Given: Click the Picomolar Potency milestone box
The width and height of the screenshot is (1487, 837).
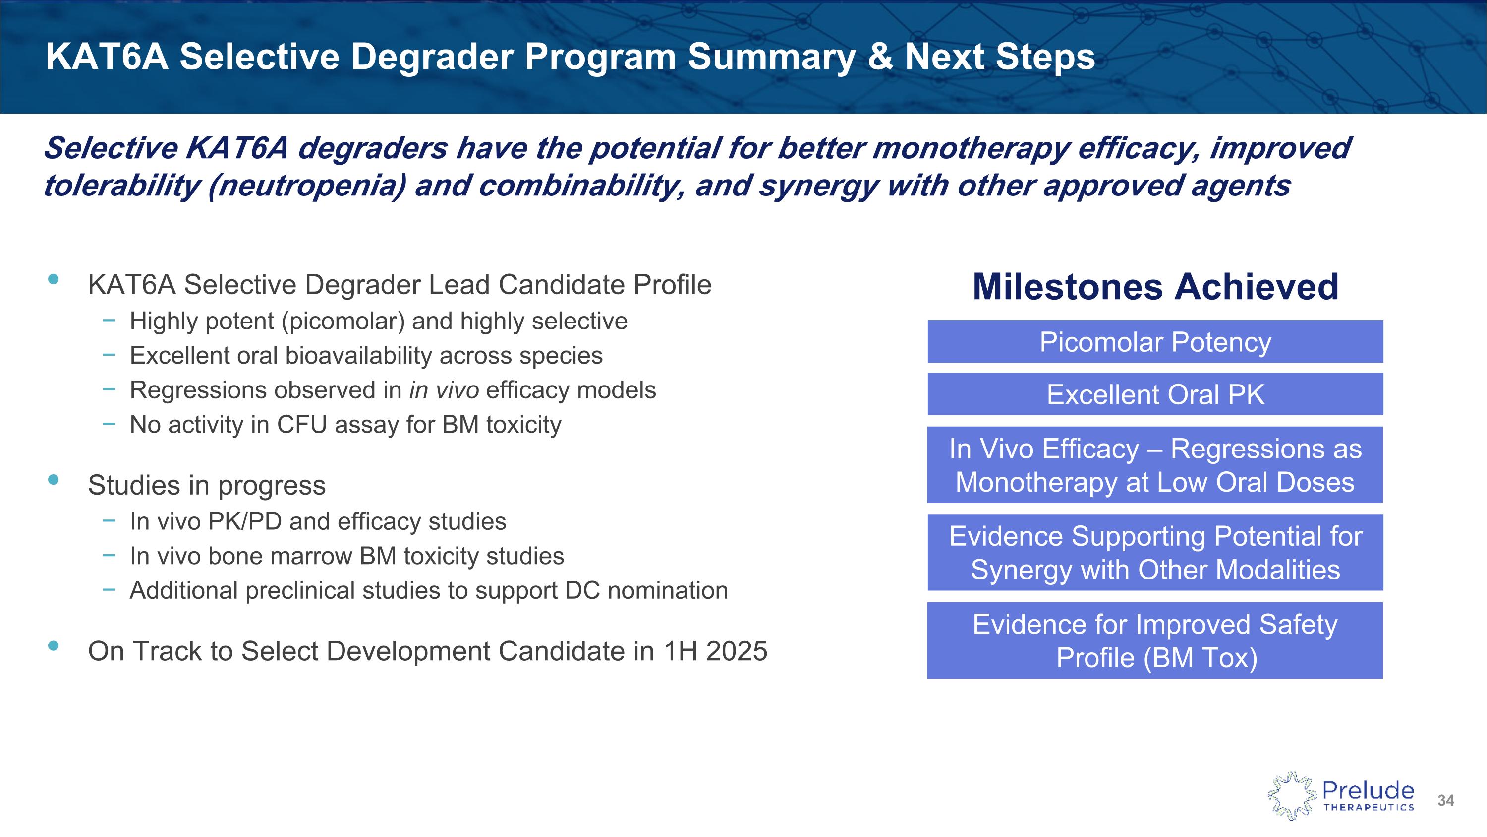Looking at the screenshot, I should [x=1155, y=342].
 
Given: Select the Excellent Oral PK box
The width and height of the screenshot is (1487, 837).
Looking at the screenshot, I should [x=1155, y=394].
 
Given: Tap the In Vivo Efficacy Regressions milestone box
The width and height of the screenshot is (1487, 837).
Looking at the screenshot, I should [x=1155, y=465].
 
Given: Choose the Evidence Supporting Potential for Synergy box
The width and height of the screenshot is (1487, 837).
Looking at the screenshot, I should [x=1155, y=553].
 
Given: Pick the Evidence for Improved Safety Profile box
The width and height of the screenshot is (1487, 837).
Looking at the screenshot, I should [x=1155, y=641].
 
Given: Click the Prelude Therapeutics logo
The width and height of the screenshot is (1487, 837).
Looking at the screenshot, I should [x=1341, y=796].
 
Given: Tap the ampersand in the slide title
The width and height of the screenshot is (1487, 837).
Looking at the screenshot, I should [x=880, y=57].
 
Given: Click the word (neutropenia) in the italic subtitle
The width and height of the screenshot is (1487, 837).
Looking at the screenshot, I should [x=306, y=186].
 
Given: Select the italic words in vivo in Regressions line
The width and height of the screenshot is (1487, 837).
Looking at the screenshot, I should [x=444, y=390].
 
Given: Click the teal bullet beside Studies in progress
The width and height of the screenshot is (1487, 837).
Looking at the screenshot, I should [x=54, y=479].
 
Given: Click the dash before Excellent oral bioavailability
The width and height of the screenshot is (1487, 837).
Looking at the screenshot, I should [x=109, y=355].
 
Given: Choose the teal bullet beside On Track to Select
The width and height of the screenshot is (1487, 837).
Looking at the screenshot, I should [x=54, y=646].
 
